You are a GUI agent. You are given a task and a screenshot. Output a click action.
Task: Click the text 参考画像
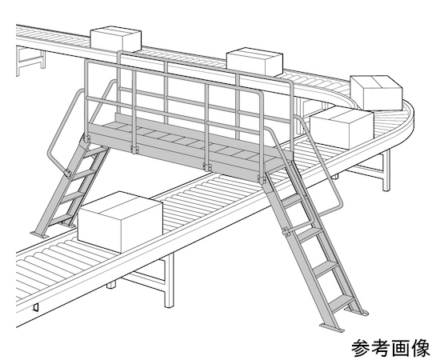(x=390, y=349)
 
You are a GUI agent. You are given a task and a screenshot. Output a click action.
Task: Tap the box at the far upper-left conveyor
(x=116, y=39)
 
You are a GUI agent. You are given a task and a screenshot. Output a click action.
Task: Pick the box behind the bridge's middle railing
(x=254, y=62)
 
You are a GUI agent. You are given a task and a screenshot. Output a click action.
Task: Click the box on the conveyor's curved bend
(x=376, y=92)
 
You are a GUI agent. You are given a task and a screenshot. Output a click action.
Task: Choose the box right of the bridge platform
(x=342, y=128)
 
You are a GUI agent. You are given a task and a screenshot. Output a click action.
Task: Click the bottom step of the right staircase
(x=341, y=302)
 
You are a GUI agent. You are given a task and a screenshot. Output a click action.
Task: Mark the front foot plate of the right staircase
(x=332, y=328)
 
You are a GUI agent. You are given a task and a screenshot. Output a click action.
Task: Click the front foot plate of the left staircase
(x=39, y=234)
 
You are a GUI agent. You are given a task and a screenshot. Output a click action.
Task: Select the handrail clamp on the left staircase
(x=67, y=173)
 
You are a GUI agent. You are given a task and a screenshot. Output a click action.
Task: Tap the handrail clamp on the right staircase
(x=286, y=231)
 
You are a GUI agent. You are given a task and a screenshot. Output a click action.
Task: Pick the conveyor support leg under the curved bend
(x=386, y=170)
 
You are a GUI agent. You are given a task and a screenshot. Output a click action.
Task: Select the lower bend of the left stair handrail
(x=50, y=156)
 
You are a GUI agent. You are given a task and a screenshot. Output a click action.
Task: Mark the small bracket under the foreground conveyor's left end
(x=36, y=307)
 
